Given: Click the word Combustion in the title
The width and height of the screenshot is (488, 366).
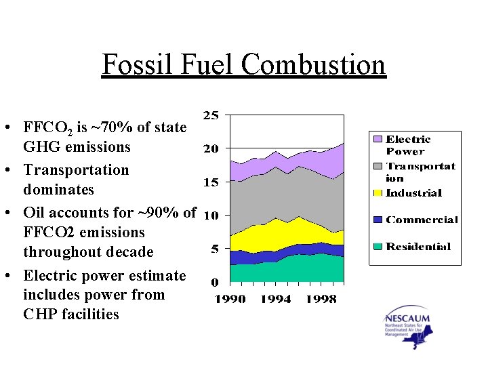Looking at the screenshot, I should [312, 64].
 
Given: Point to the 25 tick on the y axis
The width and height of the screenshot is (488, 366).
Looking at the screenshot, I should [211, 115].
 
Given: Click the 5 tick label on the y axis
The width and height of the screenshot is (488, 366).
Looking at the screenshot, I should [214, 249].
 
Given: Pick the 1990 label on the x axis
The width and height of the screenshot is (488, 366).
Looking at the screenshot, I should [230, 299].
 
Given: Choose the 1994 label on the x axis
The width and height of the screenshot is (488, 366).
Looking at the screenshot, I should [276, 299].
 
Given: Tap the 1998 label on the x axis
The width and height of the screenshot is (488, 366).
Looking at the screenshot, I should [321, 299].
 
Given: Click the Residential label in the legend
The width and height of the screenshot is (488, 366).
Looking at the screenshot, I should [418, 247].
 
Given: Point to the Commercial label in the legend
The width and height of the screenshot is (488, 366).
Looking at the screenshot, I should [422, 220].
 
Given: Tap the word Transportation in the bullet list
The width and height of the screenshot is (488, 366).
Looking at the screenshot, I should [75, 170].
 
